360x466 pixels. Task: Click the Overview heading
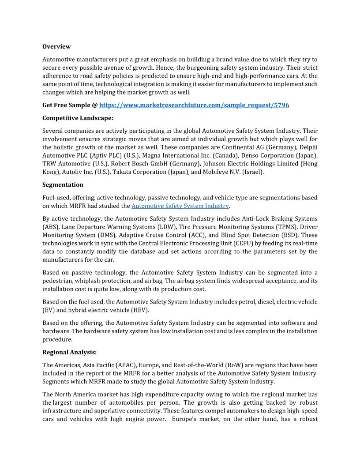tap(56, 47)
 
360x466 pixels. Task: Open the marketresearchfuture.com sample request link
tap(194, 105)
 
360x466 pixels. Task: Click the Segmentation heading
tap(63, 185)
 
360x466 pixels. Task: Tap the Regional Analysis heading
tap(69, 353)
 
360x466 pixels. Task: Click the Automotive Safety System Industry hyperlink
tap(180, 206)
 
